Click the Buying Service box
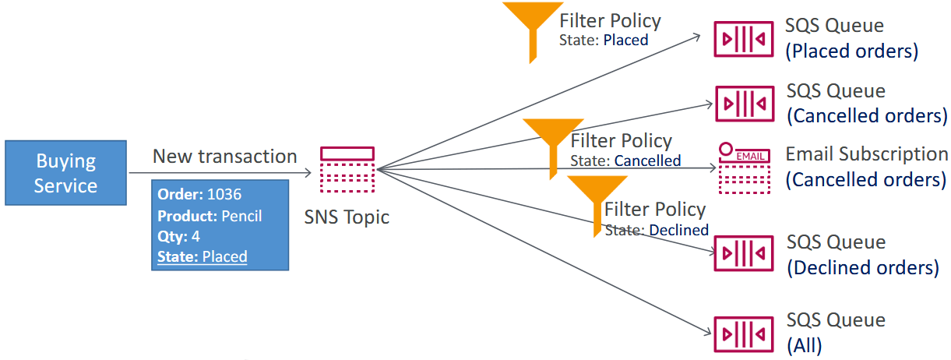pos(65,173)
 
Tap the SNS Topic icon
pos(347,169)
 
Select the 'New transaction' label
pos(224,156)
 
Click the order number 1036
pos(224,194)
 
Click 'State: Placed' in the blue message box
pos(202,256)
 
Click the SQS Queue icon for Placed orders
pos(744,40)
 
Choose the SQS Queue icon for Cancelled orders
pos(744,103)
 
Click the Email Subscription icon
pos(744,168)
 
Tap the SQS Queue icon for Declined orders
pos(744,253)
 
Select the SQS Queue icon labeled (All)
pos(744,333)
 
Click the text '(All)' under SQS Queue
pos(804,345)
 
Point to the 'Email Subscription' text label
pos(866,154)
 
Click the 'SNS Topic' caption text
pos(347,217)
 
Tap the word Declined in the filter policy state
pos(678,230)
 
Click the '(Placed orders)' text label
pos(852,52)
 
